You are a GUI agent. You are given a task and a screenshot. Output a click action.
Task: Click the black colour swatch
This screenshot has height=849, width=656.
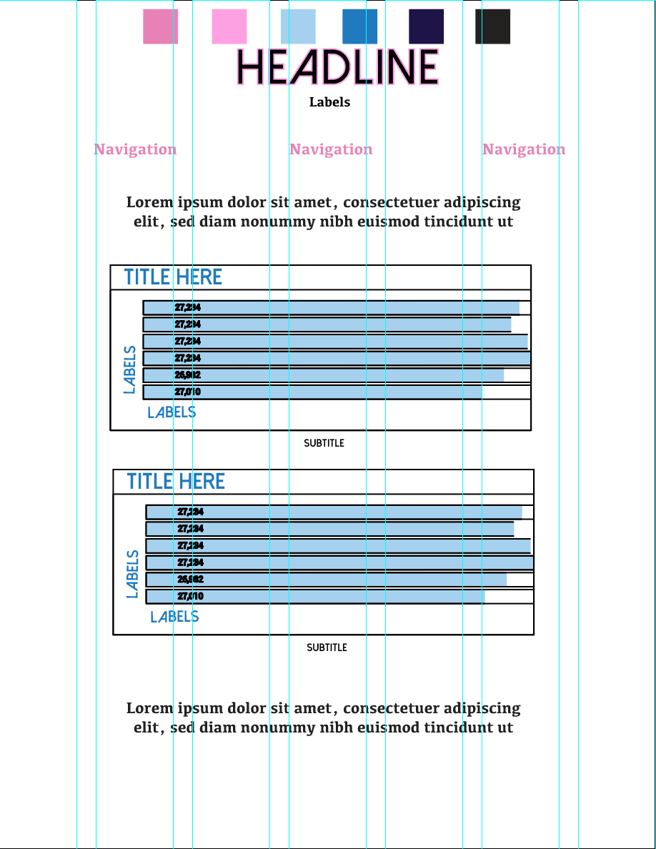[x=492, y=26]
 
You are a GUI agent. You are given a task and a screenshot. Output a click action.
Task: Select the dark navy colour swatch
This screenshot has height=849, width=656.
[x=426, y=26]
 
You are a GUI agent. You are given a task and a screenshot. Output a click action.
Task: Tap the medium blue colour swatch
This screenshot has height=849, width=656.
[x=359, y=26]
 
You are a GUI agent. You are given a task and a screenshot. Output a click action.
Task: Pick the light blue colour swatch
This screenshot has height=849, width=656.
[x=298, y=26]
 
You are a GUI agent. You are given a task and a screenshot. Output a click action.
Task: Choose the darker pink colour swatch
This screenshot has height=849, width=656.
[x=160, y=26]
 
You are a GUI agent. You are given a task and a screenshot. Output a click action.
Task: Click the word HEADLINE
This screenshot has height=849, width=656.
[x=337, y=67]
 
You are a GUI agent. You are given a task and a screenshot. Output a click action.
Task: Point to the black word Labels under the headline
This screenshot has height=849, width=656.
[x=329, y=102]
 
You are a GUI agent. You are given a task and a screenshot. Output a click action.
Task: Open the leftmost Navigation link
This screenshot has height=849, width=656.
[x=135, y=149]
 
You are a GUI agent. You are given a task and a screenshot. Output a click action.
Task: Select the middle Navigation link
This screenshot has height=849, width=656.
[x=331, y=149]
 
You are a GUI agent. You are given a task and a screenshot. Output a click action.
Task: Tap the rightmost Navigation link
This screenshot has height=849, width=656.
[x=524, y=149]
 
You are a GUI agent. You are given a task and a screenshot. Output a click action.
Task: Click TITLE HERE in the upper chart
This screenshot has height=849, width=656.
[x=173, y=277]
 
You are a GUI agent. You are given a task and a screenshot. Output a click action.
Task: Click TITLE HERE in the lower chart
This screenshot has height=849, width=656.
[x=176, y=482]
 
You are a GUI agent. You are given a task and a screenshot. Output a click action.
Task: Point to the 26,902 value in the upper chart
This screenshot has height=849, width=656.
[x=187, y=375]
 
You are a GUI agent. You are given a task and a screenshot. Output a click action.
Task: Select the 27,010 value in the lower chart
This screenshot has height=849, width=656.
[x=190, y=596]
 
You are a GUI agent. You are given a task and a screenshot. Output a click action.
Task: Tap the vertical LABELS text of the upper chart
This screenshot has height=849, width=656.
[x=129, y=369]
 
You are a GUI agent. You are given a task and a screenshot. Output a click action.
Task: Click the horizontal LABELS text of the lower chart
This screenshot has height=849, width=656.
[x=174, y=617]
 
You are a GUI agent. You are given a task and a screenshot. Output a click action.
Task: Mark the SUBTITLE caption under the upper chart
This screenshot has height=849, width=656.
[x=324, y=443]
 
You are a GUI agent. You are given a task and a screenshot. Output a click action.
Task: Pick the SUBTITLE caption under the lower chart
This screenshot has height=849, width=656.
[x=327, y=647]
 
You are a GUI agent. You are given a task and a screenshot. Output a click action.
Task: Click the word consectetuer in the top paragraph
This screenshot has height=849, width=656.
[x=389, y=203]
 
